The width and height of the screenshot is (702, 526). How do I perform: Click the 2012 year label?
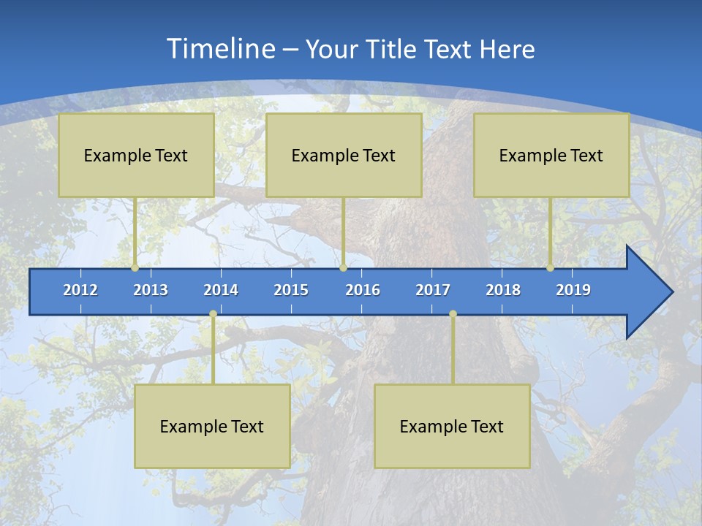pos(80,290)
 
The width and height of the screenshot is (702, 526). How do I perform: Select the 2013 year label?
pos(151,290)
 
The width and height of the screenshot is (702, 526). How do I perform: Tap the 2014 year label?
pos(221,290)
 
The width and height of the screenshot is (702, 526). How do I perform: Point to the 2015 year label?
pos(291,290)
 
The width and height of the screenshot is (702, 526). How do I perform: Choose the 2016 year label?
pos(363,290)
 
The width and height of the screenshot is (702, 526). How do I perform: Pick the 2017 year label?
pos(433,290)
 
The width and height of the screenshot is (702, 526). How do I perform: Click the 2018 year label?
pos(503,290)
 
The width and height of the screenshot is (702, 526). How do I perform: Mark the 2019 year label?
pos(573,290)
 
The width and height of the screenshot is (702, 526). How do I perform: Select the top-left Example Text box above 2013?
pos(136,155)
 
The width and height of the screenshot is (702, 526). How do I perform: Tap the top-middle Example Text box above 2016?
pos(344,155)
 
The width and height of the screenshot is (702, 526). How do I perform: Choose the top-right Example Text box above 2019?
pos(551,155)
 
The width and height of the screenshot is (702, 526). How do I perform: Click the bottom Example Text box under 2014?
pos(212,426)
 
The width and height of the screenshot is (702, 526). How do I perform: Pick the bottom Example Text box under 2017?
pos(452,426)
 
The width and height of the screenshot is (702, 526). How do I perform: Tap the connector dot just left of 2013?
pos(135,268)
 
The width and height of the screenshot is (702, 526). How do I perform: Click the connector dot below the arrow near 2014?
pos(213,314)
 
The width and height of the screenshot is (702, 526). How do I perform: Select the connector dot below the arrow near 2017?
pos(453,314)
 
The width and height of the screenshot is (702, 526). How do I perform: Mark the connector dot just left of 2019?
pos(551,268)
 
